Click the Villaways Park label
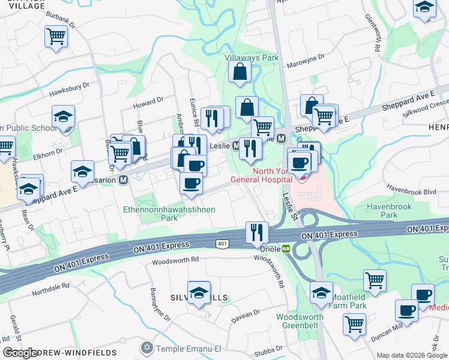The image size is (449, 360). pyautogui.click(x=252, y=58)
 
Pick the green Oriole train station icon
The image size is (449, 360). pyautogui.click(x=286, y=248)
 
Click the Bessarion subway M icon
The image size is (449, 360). pyautogui.click(x=123, y=179)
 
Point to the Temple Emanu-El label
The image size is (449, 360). pyautogui.click(x=183, y=348)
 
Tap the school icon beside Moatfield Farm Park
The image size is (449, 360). pyautogui.click(x=321, y=292)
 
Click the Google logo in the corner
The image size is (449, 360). pyautogui.click(x=20, y=353)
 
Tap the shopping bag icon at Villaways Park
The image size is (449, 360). pyautogui.click(x=240, y=71)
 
